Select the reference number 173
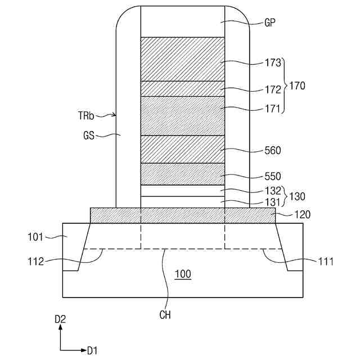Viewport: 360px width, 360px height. point(273,63)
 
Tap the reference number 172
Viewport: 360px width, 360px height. point(273,89)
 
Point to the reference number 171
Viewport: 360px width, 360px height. point(273,109)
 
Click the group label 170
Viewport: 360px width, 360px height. point(298,86)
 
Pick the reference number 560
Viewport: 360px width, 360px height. point(273,151)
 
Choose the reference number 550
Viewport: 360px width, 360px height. point(273,176)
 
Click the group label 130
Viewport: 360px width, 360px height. point(298,197)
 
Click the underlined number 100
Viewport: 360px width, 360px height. point(182,274)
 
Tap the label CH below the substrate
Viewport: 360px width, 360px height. point(165,315)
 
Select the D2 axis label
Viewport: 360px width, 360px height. point(60,319)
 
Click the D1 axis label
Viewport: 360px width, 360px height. point(92,350)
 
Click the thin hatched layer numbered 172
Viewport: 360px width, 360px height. point(182,89)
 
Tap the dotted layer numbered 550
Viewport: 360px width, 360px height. point(182,174)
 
